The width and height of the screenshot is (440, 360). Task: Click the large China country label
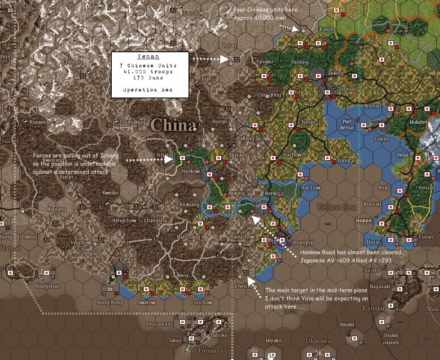(173, 125)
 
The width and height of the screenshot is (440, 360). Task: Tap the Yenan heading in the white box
(148, 57)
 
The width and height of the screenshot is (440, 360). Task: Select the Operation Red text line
(148, 90)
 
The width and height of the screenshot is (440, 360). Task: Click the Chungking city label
(132, 122)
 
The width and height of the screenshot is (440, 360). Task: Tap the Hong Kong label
(110, 303)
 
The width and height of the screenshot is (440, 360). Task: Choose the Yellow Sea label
(337, 207)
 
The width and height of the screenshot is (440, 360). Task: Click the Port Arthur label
(347, 125)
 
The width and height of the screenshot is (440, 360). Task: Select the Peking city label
(336, 73)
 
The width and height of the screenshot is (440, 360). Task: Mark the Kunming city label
(40, 122)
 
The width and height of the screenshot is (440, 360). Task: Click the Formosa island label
(210, 351)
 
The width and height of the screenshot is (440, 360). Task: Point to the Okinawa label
(318, 341)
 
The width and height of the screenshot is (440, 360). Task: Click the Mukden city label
(418, 122)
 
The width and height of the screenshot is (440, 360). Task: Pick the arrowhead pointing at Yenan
(224, 59)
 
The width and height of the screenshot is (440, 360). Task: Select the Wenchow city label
(246, 286)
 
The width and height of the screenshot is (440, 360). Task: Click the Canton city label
(128, 259)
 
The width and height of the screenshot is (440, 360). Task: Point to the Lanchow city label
(194, 13)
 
